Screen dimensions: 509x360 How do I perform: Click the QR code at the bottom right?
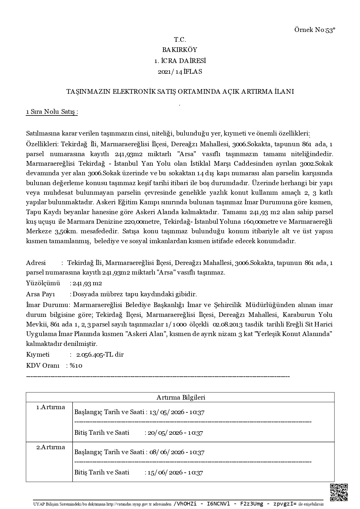click(339, 492)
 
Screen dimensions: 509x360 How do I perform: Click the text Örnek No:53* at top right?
click(315, 30)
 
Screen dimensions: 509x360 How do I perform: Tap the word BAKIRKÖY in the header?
click(180, 50)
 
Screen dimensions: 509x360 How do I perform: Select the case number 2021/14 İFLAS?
click(180, 72)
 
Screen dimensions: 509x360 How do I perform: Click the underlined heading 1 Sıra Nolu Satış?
click(52, 112)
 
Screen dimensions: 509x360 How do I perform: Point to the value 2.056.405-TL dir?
click(100, 355)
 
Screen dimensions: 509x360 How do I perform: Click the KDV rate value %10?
click(76, 366)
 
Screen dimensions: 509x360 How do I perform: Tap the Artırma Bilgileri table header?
click(181, 397)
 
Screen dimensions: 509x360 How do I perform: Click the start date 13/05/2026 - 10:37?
click(177, 412)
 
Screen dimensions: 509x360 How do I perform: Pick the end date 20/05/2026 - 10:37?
click(175, 433)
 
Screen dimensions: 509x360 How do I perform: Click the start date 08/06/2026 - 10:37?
click(177, 452)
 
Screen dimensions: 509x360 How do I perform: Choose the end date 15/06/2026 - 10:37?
click(175, 472)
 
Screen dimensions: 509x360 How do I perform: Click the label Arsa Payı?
click(41, 294)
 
